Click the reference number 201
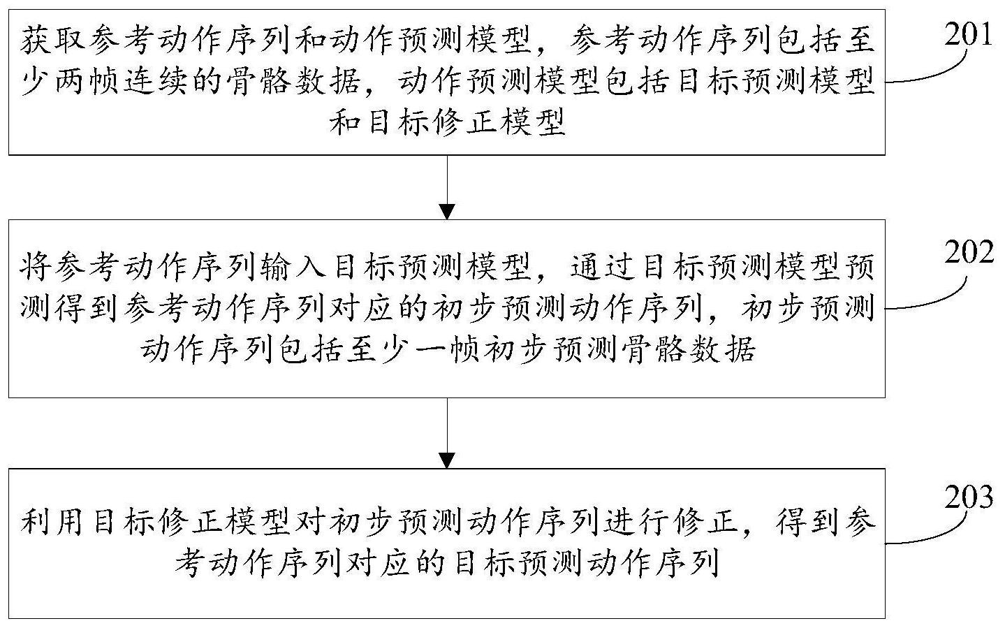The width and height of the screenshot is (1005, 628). click(x=968, y=34)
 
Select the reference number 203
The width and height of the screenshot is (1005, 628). click(x=968, y=497)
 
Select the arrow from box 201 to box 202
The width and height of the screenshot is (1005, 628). click(x=447, y=188)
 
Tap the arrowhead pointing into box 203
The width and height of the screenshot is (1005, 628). click(x=447, y=461)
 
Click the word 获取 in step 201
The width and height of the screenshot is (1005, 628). click(x=54, y=41)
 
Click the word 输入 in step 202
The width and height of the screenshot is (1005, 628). click(x=293, y=268)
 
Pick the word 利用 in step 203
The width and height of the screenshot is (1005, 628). click(x=54, y=522)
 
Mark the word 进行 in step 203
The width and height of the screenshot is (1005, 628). click(x=636, y=522)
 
